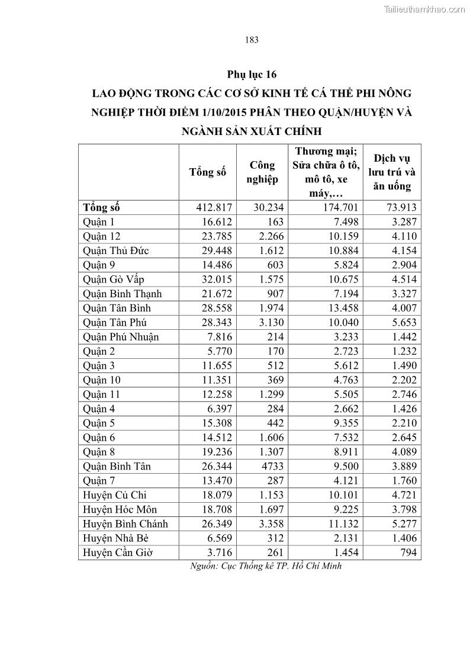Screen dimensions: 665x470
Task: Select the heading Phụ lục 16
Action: coord(252,75)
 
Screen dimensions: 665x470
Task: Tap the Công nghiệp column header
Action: coord(262,172)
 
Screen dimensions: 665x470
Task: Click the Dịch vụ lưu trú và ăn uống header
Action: coord(392,172)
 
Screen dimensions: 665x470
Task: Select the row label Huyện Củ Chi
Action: coord(115,495)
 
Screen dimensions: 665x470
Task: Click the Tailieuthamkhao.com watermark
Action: coord(424,9)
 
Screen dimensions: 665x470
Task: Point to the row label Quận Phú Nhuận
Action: coord(121,337)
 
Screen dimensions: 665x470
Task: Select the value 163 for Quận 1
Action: coord(275,222)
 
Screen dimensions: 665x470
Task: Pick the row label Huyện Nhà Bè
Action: coord(115,538)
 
